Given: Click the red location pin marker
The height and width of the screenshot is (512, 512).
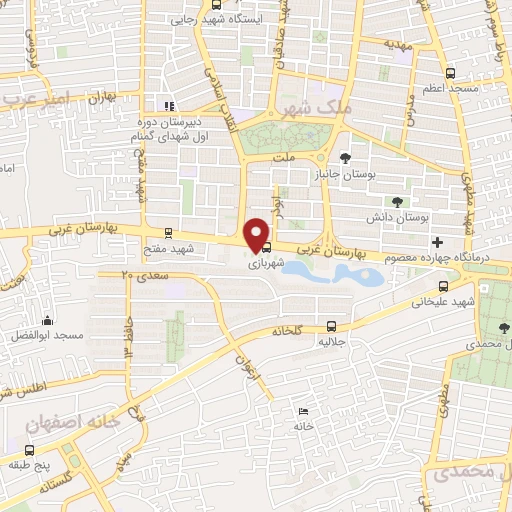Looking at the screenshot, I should click(x=258, y=234).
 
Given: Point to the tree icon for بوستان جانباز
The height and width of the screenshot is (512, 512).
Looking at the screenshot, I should click(x=345, y=158).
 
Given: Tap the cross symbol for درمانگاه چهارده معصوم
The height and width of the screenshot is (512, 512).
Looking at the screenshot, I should click(x=436, y=243).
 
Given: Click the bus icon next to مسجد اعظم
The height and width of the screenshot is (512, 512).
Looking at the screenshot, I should click(x=450, y=73).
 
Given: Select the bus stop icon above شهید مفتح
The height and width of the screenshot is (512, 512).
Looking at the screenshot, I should click(x=168, y=232).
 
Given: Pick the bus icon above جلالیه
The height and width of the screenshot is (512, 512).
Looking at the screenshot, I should click(x=331, y=325).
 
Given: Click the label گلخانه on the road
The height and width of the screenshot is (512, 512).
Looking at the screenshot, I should click(x=290, y=330).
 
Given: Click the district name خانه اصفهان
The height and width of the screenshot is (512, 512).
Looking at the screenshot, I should click(x=72, y=423).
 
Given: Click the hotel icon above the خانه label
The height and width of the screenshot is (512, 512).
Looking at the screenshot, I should click(x=304, y=411).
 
